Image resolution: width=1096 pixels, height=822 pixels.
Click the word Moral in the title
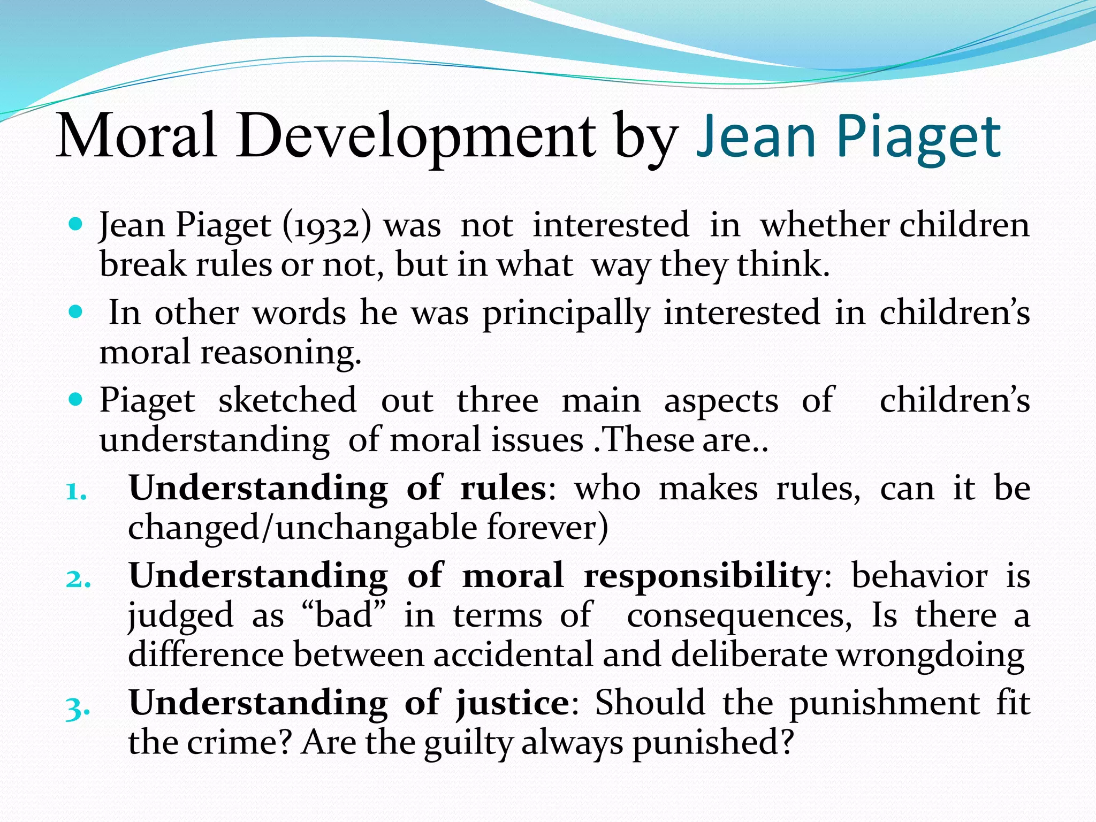click(136, 136)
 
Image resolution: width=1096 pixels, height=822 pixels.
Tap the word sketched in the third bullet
click(287, 400)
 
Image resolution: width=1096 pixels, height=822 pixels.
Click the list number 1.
click(76, 491)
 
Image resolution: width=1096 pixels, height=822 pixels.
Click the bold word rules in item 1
click(503, 489)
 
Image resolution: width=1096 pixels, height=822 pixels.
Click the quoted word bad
click(342, 615)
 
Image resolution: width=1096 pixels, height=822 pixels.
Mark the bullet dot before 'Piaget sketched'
click(77, 399)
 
